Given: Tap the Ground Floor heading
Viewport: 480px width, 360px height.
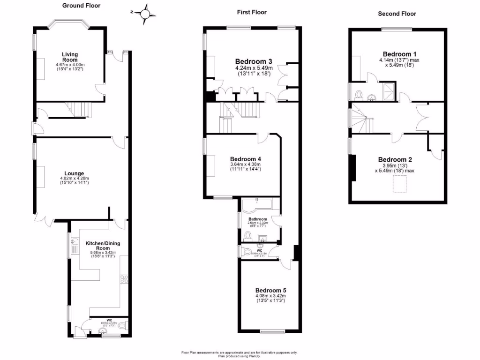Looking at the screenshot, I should coord(81,6).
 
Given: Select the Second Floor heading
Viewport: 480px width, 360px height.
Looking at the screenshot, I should coord(397,14).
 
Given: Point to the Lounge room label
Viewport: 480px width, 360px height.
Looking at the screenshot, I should coord(74,173).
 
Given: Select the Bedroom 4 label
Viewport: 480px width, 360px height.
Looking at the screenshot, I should coord(245,159).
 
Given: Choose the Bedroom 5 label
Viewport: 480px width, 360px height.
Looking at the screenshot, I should coord(270,290).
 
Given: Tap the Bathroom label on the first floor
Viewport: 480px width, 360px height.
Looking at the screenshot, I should coord(258,219).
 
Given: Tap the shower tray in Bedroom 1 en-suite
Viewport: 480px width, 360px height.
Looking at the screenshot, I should coord(389,90).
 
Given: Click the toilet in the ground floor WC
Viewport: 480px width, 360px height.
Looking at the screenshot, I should coord(123,325).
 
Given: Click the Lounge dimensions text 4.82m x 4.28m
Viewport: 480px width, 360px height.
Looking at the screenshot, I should coord(74,179).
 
